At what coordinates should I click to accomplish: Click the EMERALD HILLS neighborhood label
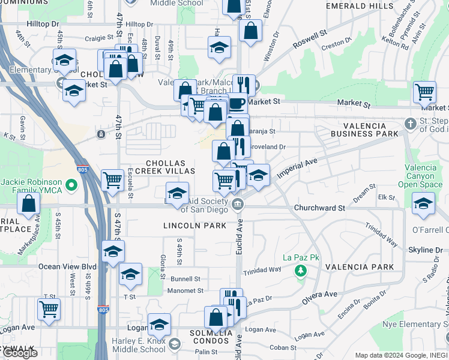coord(359,5)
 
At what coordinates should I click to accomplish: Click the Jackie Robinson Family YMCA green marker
coord(72,185)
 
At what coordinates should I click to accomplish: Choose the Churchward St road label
coord(319,208)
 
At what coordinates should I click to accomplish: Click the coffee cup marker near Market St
coord(237,103)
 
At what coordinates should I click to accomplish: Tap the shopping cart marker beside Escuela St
coord(112,179)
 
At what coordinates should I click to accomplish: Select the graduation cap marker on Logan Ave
coord(159,325)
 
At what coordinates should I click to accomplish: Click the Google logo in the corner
coord(20,353)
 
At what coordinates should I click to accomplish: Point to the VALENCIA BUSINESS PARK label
coord(371,129)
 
